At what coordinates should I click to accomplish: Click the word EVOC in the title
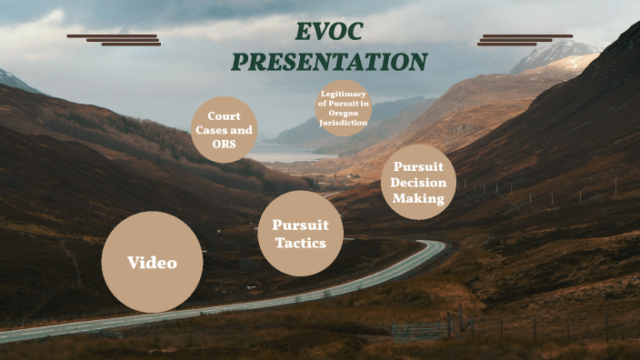[328, 32]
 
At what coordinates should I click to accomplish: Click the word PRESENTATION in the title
[328, 62]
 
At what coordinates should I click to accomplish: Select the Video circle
[152, 263]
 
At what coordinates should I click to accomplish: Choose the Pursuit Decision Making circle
[418, 186]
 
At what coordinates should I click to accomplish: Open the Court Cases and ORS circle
[224, 130]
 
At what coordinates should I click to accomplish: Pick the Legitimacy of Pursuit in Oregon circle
[344, 107]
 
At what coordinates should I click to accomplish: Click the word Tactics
[300, 244]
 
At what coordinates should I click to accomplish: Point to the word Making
[418, 198]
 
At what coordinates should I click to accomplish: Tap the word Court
[224, 116]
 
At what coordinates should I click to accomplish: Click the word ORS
[224, 144]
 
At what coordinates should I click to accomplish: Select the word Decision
[418, 182]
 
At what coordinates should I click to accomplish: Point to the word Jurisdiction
[344, 121]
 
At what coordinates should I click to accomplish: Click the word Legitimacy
[344, 95]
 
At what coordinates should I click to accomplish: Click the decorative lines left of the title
[115, 39]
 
